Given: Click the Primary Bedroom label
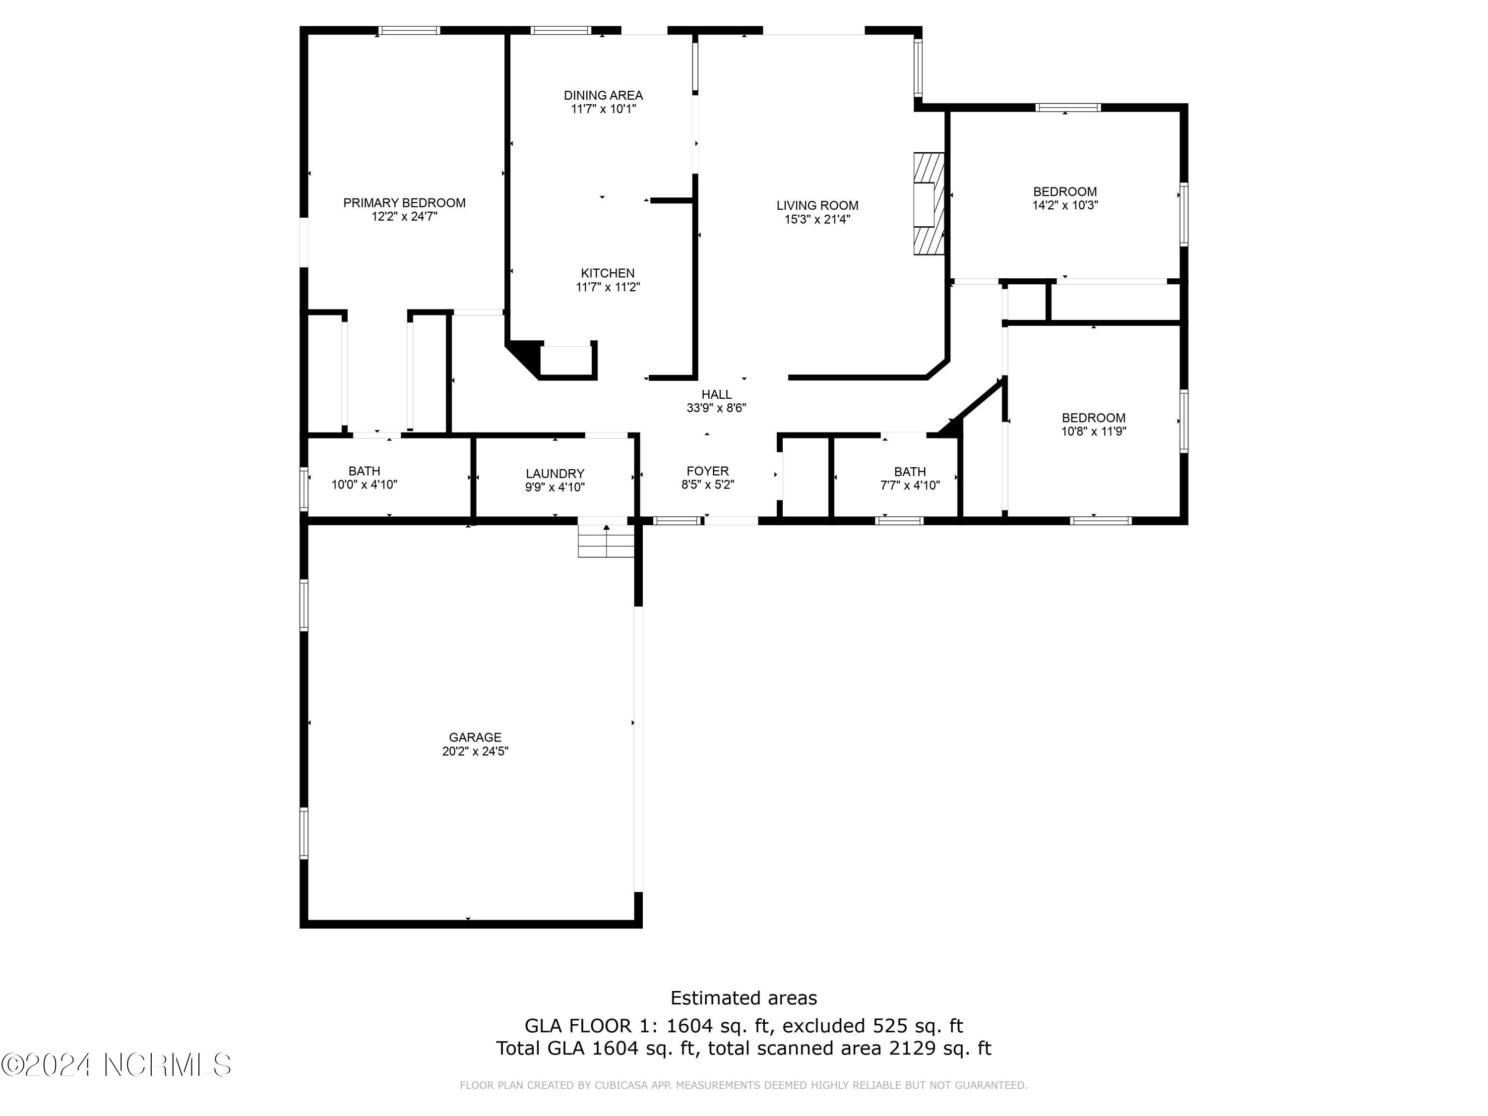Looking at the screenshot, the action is pyautogui.click(x=404, y=202).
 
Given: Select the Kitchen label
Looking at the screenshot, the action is pyautogui.click(x=608, y=273).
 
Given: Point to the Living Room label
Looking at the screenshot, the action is pyautogui.click(x=817, y=205).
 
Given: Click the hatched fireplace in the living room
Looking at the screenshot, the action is pyautogui.click(x=929, y=204).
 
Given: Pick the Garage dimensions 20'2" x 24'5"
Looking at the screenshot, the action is pyautogui.click(x=475, y=751).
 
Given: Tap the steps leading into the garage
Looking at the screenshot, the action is pyautogui.click(x=606, y=541).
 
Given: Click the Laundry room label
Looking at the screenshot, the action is pyautogui.click(x=555, y=474).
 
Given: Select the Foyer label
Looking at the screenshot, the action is pyautogui.click(x=708, y=471).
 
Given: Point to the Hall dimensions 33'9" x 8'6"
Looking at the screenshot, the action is pyautogui.click(x=716, y=408).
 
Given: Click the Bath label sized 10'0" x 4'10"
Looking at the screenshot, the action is pyautogui.click(x=364, y=471).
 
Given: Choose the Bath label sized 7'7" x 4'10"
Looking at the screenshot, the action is pyautogui.click(x=910, y=472).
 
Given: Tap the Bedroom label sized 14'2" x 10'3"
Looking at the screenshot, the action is pyautogui.click(x=1065, y=192).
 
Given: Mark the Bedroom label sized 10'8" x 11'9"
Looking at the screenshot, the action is pyautogui.click(x=1093, y=418).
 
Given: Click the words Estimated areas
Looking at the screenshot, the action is pyautogui.click(x=744, y=997).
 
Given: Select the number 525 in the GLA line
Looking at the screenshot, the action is pyautogui.click(x=887, y=1026).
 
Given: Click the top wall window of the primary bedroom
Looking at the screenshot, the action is pyautogui.click(x=409, y=30).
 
